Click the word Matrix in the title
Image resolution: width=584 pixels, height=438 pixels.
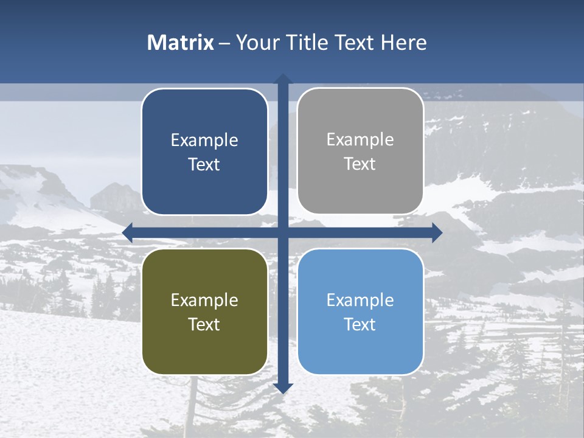tap(181, 43)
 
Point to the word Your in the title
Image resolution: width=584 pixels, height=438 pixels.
tap(256, 43)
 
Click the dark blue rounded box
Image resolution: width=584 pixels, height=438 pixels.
tap(204, 151)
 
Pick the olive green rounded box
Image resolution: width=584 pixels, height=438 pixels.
tap(204, 311)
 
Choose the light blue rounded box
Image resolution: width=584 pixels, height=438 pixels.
tap(360, 311)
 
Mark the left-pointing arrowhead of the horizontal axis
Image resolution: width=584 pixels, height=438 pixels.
tap(127, 232)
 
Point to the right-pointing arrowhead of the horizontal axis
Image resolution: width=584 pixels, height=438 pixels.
tap(437, 232)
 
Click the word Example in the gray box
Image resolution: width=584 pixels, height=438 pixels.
tap(360, 139)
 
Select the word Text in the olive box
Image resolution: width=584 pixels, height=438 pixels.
tap(204, 324)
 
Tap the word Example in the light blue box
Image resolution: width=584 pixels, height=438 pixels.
tap(360, 300)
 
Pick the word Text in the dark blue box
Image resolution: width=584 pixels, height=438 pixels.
tap(204, 164)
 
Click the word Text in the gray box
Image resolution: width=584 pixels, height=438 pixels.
tap(360, 164)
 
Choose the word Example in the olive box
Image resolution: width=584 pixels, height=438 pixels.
tap(204, 300)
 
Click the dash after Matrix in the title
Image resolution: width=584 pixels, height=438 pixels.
tap(224, 43)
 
